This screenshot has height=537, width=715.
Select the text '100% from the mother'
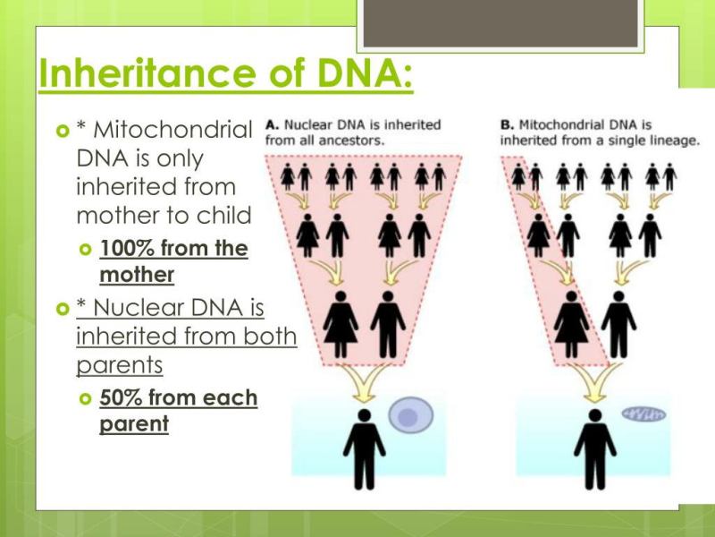(173, 260)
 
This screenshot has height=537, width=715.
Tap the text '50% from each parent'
(178, 411)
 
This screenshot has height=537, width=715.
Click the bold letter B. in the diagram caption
(507, 124)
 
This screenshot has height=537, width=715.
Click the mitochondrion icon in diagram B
(643, 413)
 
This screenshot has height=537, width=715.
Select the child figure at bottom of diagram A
(364, 447)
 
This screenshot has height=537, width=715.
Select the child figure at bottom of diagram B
(594, 447)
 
